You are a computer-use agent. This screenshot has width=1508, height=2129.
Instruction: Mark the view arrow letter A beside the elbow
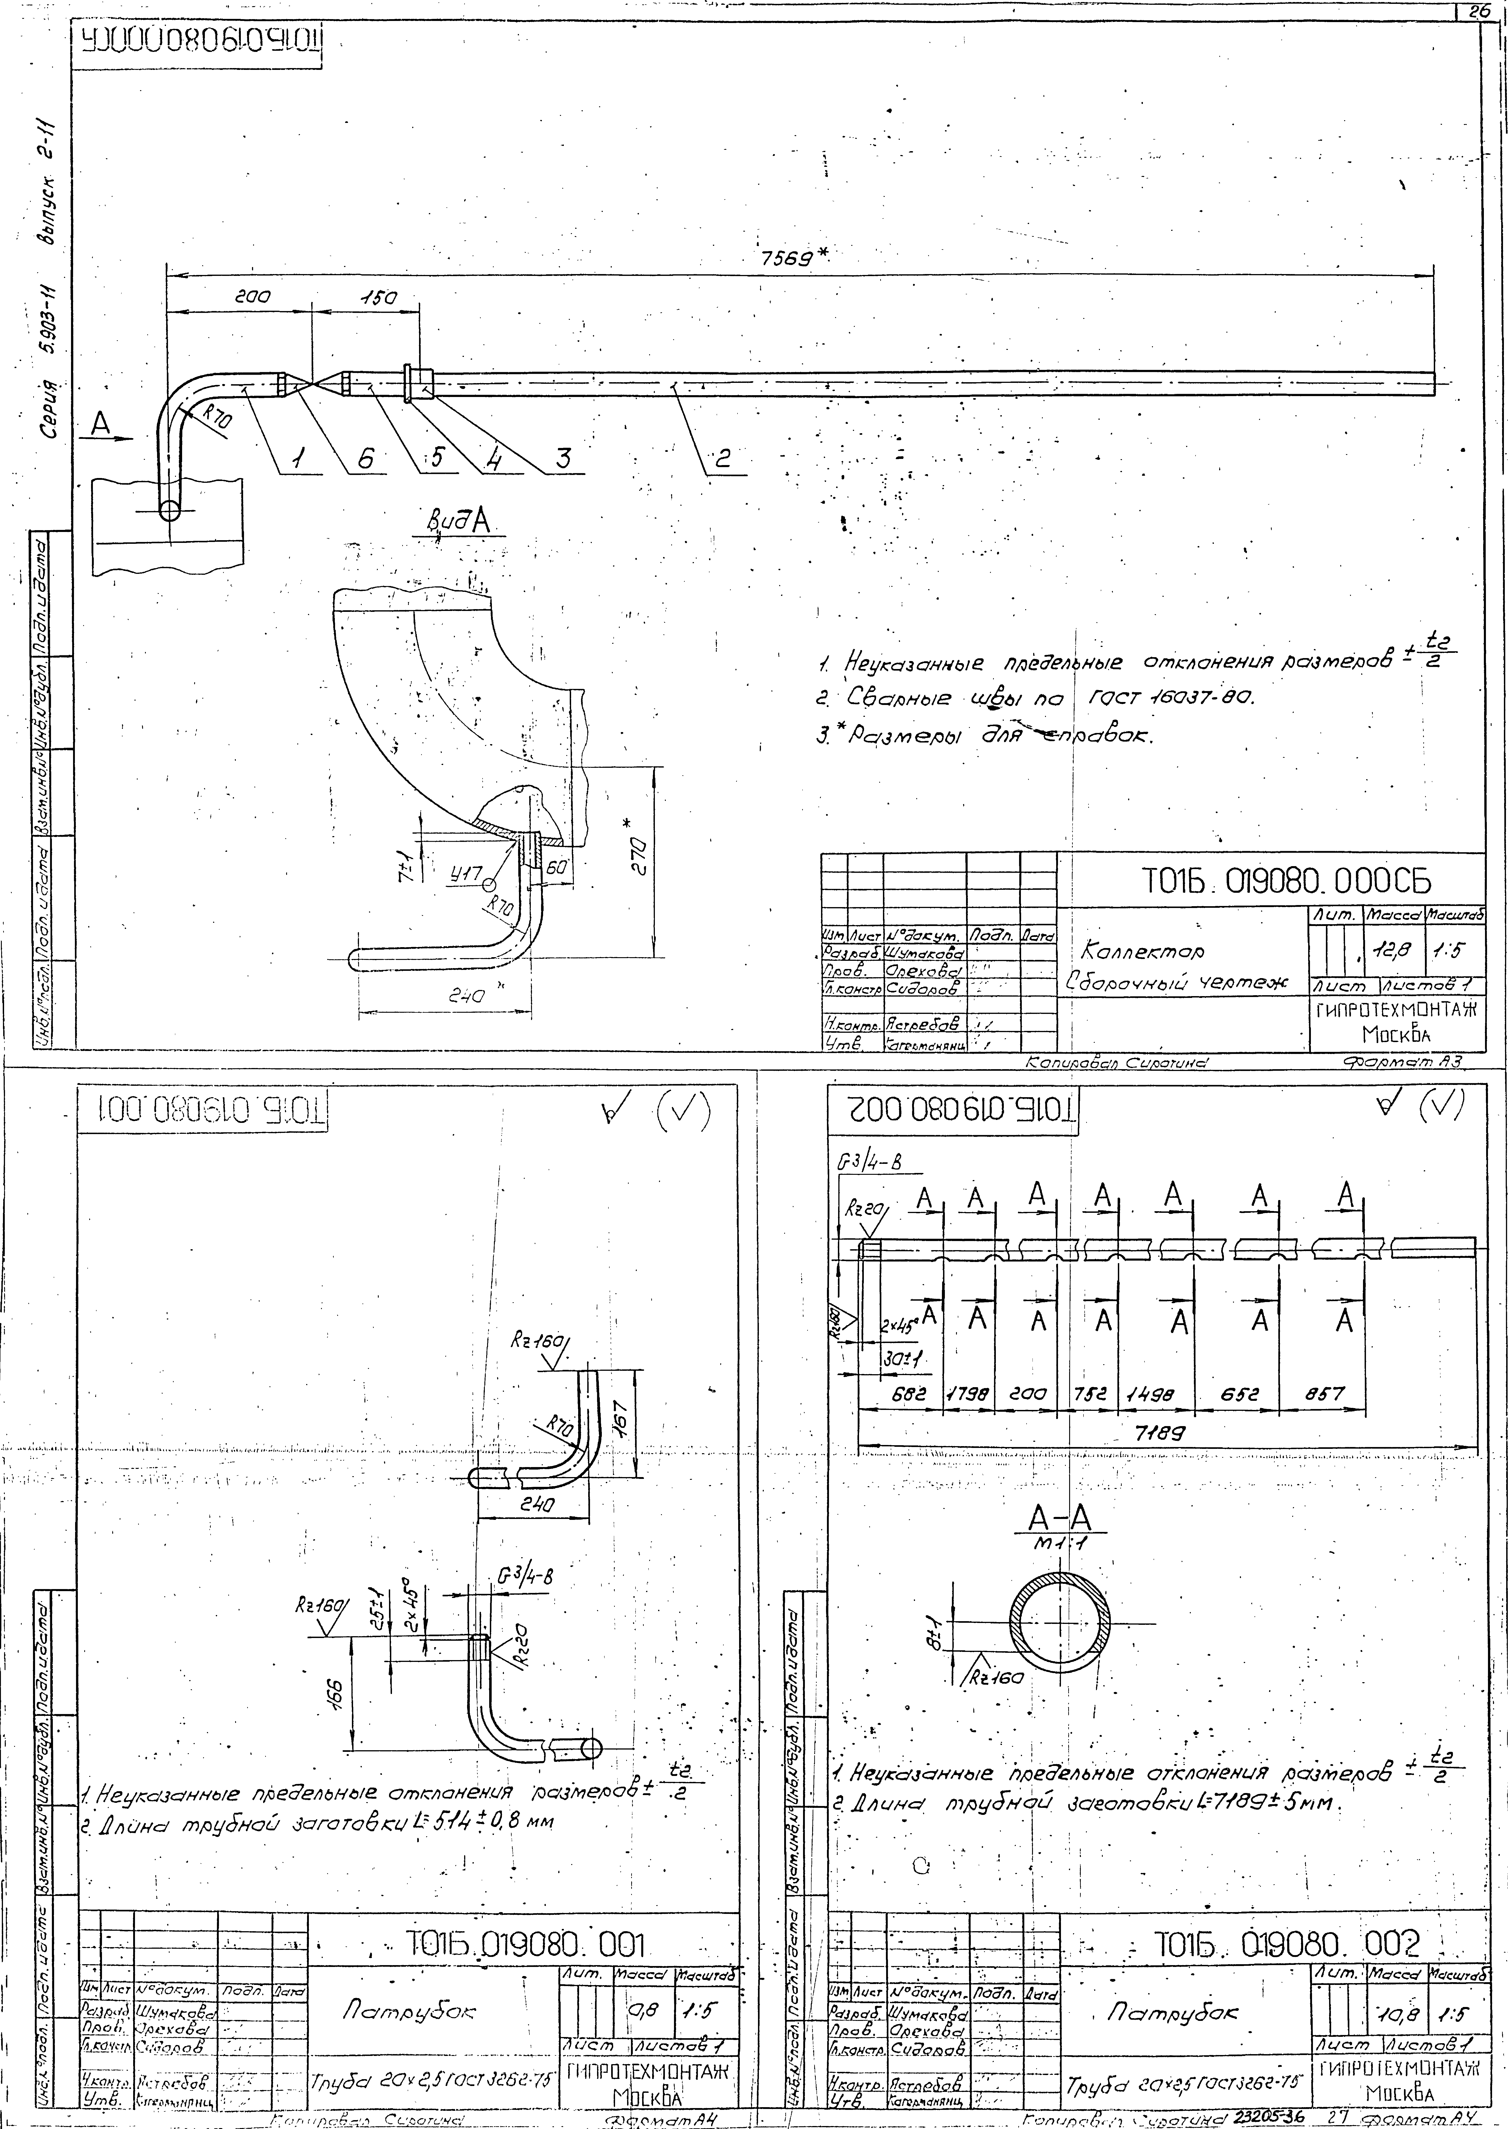click(100, 424)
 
